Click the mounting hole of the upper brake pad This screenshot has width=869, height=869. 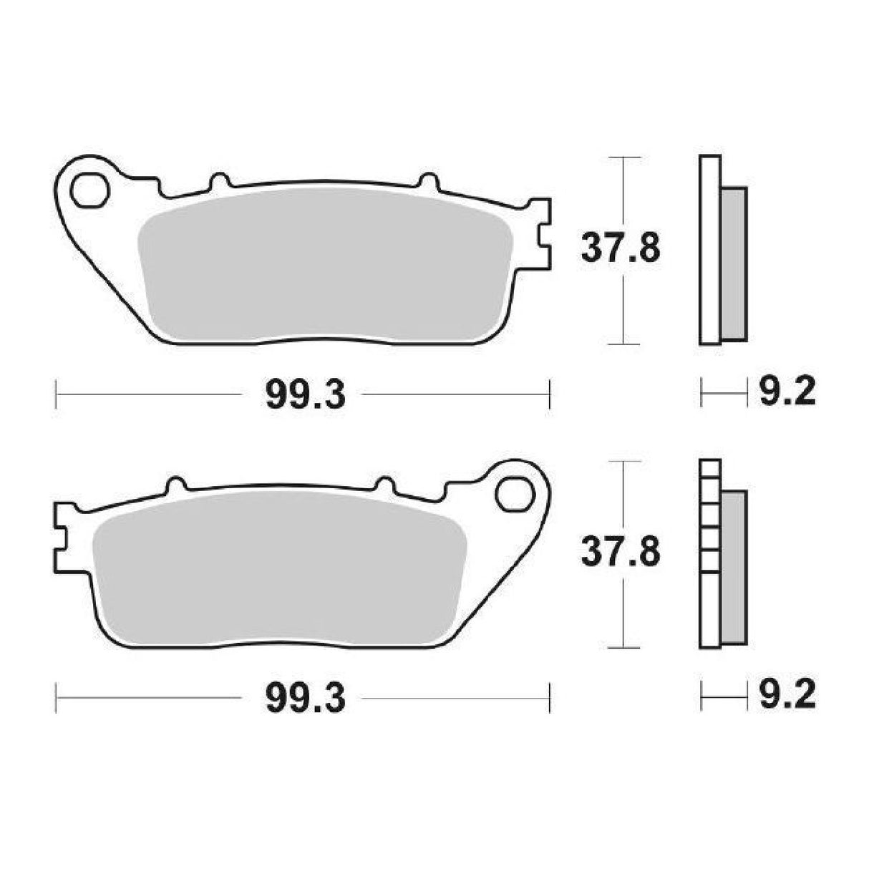pos(89,189)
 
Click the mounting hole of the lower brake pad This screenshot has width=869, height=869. pos(516,495)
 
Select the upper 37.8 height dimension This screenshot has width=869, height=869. pos(620,249)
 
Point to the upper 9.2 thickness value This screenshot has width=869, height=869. pos(785,392)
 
